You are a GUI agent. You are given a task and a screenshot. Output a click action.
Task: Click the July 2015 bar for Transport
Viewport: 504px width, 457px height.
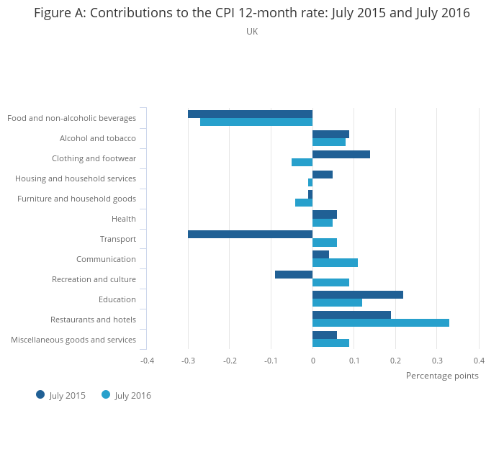coord(250,235)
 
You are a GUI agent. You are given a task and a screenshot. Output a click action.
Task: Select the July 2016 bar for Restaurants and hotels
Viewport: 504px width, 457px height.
coord(381,322)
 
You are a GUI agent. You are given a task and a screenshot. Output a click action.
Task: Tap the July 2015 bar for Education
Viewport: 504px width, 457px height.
coord(358,294)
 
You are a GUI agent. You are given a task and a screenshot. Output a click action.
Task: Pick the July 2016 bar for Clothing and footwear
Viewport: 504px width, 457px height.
coord(302,162)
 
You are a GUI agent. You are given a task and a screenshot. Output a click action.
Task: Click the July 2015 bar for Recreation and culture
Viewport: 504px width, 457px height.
coord(294,274)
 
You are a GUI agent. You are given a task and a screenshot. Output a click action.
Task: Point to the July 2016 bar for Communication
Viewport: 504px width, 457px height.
coord(335,263)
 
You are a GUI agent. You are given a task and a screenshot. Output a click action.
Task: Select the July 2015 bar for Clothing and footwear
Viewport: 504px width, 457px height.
coord(341,154)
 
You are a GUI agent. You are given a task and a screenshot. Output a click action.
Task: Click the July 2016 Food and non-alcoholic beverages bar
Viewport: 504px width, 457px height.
coord(256,122)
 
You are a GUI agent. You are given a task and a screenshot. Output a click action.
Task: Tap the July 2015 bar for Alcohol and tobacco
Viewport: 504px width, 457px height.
coord(330,134)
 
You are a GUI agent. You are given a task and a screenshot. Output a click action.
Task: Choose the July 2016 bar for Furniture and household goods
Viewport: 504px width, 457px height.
coord(304,202)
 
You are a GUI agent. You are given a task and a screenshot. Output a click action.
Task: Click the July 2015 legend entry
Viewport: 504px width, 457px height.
coord(61,395)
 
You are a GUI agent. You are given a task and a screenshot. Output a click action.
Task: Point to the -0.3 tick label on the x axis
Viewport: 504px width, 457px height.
coord(188,360)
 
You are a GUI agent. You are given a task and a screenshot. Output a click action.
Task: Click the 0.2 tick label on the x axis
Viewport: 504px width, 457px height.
coord(395,360)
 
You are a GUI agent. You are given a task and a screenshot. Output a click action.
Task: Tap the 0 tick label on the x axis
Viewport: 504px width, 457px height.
coord(312,360)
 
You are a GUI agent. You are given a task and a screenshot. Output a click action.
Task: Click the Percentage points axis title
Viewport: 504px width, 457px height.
coord(442,375)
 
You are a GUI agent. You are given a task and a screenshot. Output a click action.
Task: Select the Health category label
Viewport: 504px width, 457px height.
coord(124,219)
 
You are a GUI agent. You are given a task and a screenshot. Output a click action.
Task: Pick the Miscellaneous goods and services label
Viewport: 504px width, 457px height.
coord(73,340)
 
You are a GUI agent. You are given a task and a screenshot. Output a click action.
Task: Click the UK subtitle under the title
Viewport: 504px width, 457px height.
coord(252,32)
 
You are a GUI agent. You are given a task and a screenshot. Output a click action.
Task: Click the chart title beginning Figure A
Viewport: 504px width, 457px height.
coord(252,13)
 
